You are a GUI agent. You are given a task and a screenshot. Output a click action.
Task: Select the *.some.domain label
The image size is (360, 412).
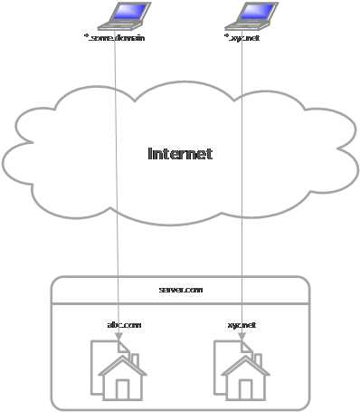(x=114, y=38)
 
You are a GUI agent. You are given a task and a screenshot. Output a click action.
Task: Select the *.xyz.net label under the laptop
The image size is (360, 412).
(x=242, y=38)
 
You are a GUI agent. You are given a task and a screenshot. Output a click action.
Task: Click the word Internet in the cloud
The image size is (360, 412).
(x=180, y=154)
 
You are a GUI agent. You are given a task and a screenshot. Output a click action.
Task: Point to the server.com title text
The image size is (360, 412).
(x=181, y=289)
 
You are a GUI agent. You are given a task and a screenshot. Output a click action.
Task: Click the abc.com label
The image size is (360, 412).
(x=124, y=324)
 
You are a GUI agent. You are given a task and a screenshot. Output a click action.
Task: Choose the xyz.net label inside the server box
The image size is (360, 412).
(x=242, y=324)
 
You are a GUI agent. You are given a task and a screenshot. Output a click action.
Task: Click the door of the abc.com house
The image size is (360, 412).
(x=123, y=389)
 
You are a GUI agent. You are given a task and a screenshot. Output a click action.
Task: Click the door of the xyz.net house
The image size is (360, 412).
(x=246, y=389)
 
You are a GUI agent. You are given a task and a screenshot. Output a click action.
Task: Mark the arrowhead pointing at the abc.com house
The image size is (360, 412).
(x=119, y=336)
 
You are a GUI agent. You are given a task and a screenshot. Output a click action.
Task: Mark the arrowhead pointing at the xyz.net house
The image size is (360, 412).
(x=242, y=336)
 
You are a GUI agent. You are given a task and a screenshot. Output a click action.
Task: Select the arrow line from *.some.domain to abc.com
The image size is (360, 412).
(x=117, y=181)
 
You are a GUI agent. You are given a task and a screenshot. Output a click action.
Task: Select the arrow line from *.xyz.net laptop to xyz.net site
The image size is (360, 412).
(x=242, y=181)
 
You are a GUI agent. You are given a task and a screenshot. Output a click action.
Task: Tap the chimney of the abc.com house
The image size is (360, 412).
(x=135, y=360)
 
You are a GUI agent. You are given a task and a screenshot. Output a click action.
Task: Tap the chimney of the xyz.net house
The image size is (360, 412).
(x=258, y=360)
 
